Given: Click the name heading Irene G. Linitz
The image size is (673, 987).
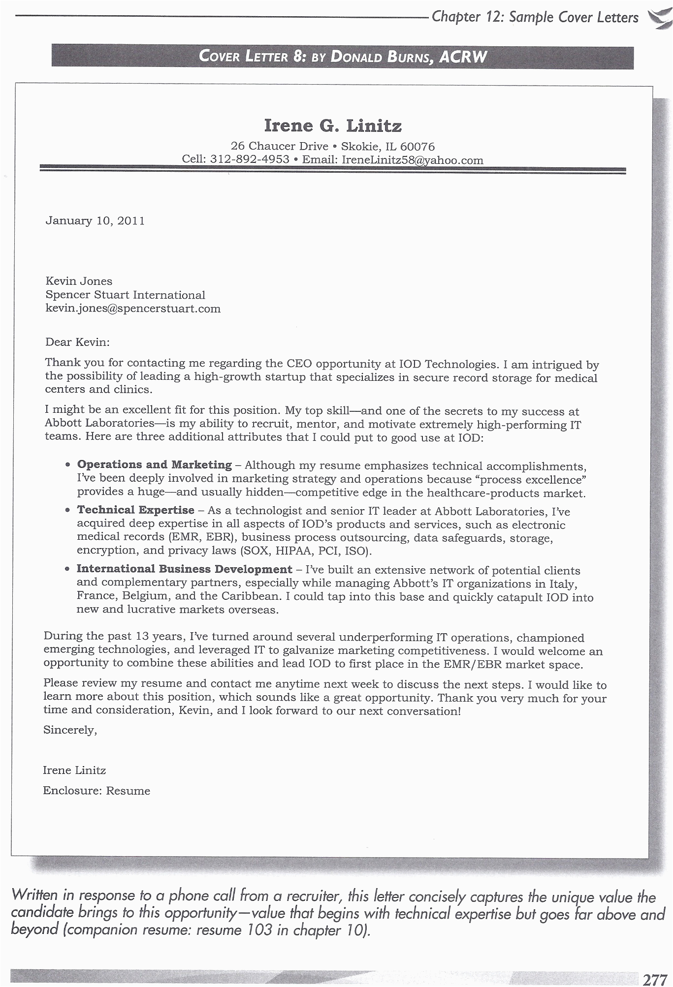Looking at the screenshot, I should coord(333,125).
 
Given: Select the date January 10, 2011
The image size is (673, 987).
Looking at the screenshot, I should coord(95,221).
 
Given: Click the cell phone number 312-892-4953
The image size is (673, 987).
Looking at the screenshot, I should coord(250,159).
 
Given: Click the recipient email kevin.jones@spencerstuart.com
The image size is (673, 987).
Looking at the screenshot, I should coord(133,309).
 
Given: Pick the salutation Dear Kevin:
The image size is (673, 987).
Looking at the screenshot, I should coord(77,342).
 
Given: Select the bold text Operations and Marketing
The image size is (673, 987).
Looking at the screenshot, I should coord(155,464).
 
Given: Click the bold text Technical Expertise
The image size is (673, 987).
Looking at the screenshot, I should coord(135,510).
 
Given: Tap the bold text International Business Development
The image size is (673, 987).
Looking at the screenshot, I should coord(184,569).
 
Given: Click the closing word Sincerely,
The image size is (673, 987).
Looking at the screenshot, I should coord(70,730).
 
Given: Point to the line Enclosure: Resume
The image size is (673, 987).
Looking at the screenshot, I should coord(96,791).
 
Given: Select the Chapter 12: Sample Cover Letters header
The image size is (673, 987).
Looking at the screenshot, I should coord(535,18).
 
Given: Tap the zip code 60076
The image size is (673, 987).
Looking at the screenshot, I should coord(417,147).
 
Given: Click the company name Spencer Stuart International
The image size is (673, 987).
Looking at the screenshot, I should coord(125,295).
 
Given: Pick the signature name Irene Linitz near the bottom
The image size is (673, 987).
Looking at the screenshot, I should coord(74,771).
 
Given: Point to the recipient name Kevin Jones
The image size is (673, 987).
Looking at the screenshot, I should coord(79,281).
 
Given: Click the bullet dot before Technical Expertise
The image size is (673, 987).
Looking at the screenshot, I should coord(67,511).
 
